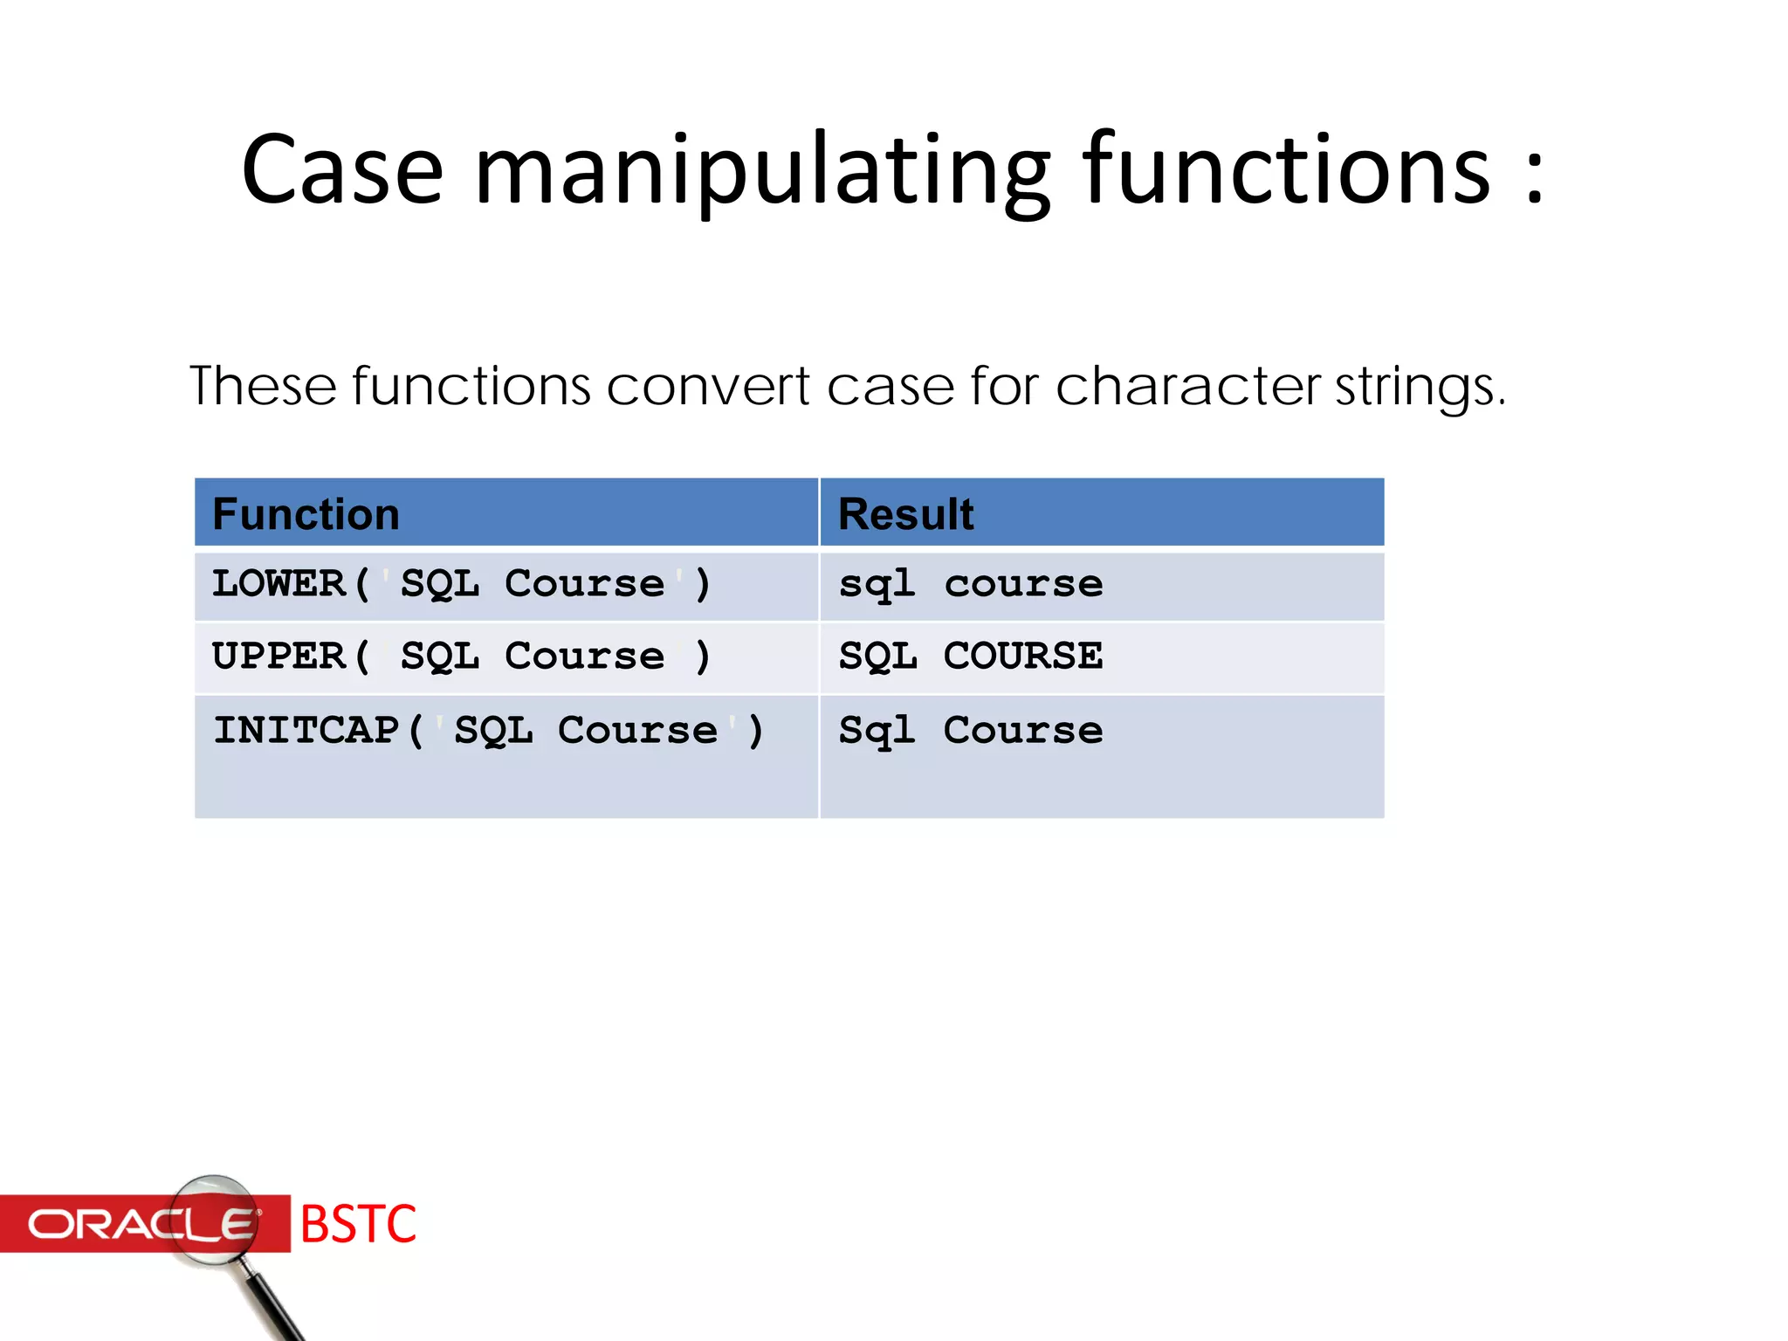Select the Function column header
(x=306, y=514)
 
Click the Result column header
(x=905, y=514)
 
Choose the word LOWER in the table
(x=279, y=583)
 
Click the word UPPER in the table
(x=279, y=656)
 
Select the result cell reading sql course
(x=970, y=584)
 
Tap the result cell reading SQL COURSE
(x=970, y=656)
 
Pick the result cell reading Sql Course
(x=970, y=730)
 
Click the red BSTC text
(x=358, y=1224)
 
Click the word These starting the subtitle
(x=263, y=387)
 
